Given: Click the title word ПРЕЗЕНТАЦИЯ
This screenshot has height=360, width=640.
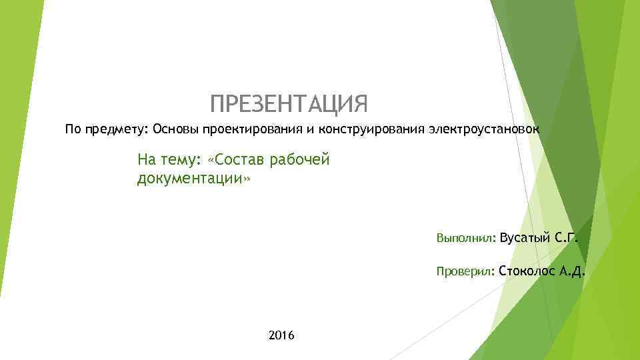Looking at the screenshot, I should (288, 104).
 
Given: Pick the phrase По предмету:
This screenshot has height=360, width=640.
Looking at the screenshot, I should (107, 128).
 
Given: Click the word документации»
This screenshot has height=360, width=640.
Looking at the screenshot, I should (193, 179).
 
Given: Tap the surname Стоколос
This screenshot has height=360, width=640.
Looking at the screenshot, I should (527, 271).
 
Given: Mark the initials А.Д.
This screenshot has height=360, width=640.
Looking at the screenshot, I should (573, 271).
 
